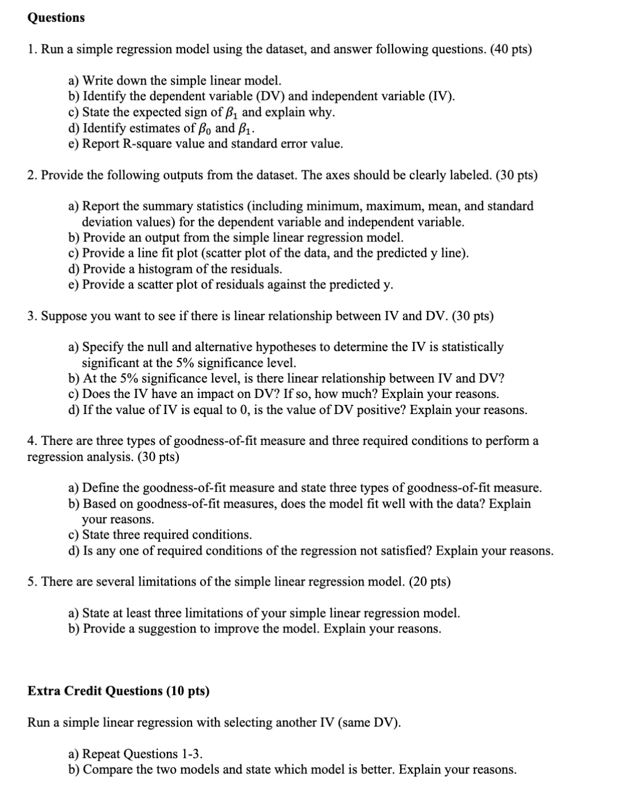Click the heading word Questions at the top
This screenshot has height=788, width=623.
click(56, 18)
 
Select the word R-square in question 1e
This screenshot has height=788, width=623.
click(114, 144)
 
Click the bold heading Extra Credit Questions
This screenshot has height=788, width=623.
click(118, 691)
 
